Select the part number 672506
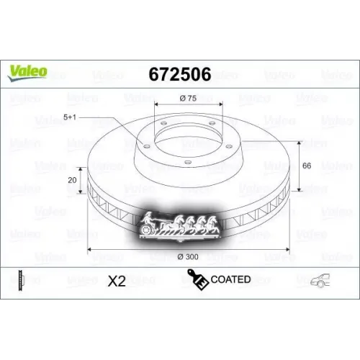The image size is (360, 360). [179, 74]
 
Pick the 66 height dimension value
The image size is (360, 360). [307, 166]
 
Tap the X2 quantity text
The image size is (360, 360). [116, 280]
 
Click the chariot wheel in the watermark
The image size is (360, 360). [150, 229]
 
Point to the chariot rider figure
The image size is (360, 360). [148, 217]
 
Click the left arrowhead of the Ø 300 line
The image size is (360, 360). [89, 250]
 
